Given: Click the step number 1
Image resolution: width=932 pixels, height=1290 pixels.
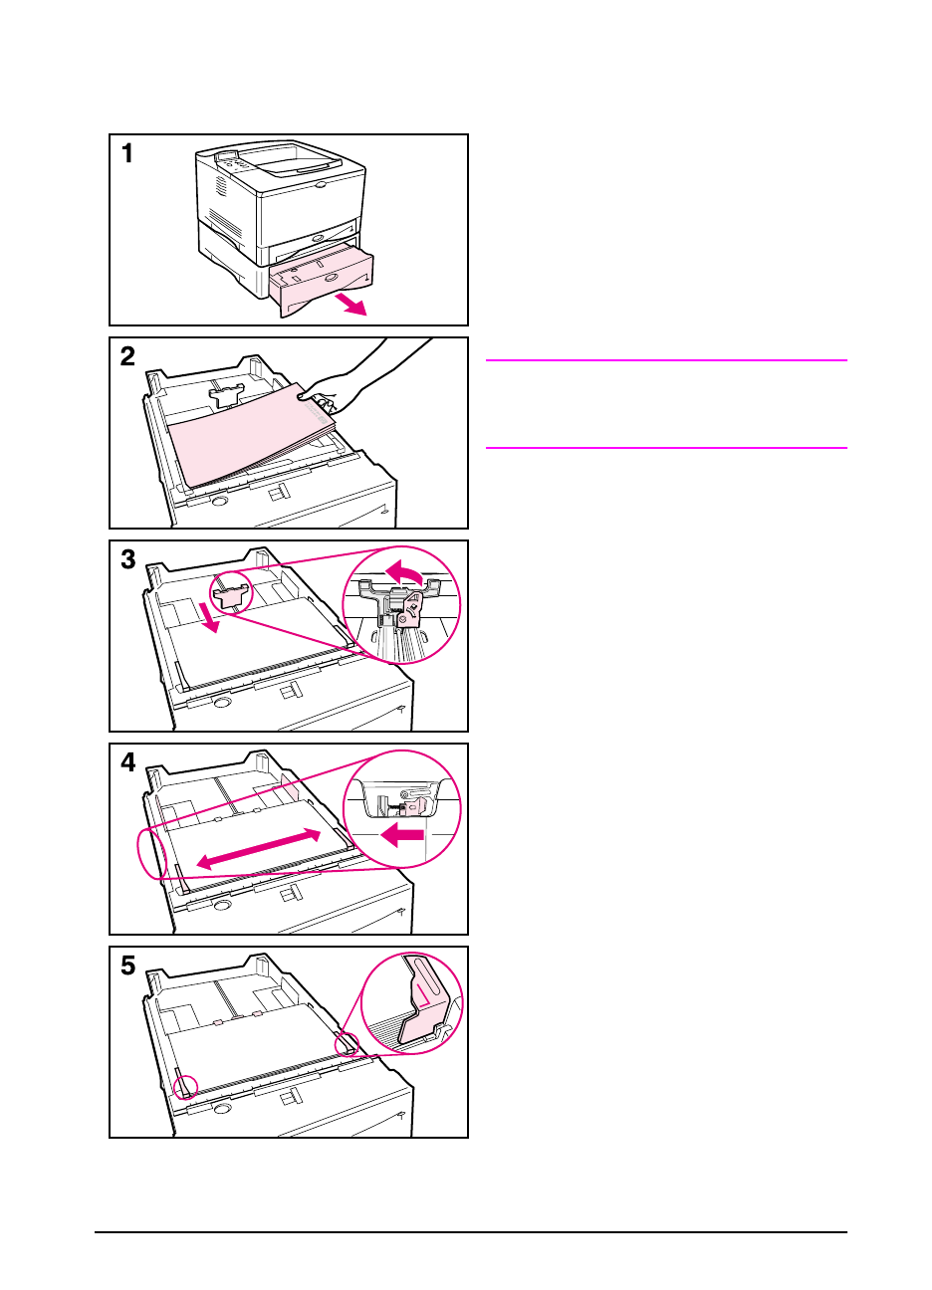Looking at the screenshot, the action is [127, 153].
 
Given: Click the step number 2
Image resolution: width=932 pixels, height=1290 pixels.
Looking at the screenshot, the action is [127, 356].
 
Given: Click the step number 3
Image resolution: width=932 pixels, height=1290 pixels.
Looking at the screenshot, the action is [127, 559].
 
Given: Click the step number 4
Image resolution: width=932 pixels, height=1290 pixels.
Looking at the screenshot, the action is [127, 762].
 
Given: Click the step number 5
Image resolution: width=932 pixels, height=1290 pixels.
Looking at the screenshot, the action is [127, 966].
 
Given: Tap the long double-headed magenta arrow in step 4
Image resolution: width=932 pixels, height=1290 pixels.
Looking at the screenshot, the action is [259, 849].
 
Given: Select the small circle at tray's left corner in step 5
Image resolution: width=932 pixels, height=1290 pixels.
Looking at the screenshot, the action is [185, 1086].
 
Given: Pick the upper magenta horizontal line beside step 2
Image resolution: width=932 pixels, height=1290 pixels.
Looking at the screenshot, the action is [665, 360].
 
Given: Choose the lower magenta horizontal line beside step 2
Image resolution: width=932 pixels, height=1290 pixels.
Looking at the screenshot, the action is [665, 448].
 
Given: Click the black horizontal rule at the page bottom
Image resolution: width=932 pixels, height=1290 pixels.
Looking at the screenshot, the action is [470, 1233].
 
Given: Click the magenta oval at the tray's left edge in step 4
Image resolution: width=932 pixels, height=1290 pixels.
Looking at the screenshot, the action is [151, 851].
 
